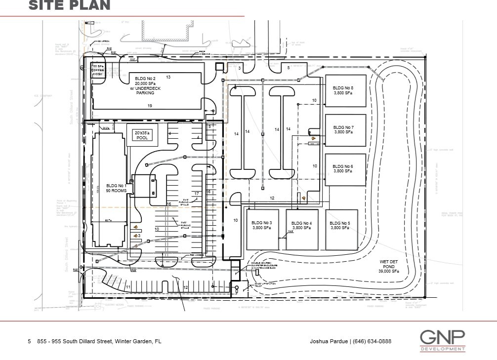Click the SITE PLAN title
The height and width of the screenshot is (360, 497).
(69, 5)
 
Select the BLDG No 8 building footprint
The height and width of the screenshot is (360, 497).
(345, 90)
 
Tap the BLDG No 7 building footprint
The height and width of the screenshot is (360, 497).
(345, 130)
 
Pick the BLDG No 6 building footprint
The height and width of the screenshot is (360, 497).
(345, 169)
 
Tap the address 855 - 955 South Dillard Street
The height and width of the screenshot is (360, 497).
(99, 341)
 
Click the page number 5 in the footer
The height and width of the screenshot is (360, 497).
(30, 341)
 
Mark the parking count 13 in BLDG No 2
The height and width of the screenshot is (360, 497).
(168, 77)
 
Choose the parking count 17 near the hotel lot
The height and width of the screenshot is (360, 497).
(196, 194)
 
